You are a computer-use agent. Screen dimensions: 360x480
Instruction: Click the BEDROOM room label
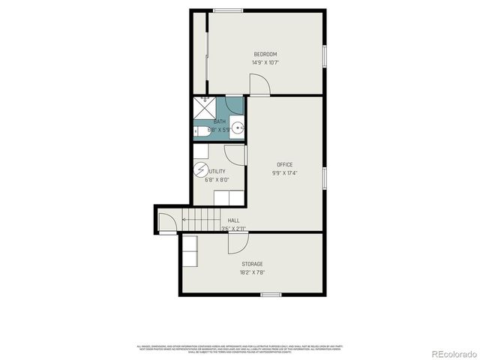click(x=265, y=54)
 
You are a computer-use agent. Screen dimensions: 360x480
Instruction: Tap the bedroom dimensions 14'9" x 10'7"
click(x=265, y=62)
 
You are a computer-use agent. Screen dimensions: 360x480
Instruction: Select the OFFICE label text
click(x=284, y=164)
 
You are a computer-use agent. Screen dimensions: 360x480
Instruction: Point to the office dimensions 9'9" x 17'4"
click(x=284, y=173)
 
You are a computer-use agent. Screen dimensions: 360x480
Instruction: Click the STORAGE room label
click(x=252, y=264)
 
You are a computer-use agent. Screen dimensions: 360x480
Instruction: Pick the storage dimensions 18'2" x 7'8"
click(x=252, y=272)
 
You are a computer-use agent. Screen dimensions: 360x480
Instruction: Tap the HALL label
click(x=234, y=220)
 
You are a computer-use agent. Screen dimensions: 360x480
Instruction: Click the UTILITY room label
click(x=217, y=171)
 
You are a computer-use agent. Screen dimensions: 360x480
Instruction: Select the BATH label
click(x=219, y=121)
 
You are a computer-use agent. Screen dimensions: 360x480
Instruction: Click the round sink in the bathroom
click(x=237, y=127)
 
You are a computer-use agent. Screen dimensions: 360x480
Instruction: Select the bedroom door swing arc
click(x=259, y=86)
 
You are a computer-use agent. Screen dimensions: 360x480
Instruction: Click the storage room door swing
click(x=238, y=243)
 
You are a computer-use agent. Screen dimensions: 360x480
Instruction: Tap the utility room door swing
click(x=235, y=154)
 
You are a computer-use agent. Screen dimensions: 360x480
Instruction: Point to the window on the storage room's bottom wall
click(x=271, y=295)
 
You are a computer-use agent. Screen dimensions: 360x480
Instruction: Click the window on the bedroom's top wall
click(x=227, y=10)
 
